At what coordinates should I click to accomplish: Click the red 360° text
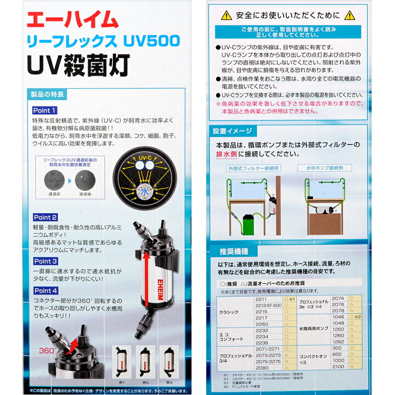(x=47, y=351)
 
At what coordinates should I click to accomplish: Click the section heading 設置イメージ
(x=233, y=132)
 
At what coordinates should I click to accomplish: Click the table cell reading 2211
(x=262, y=300)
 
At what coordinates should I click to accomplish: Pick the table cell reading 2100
(x=339, y=366)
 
